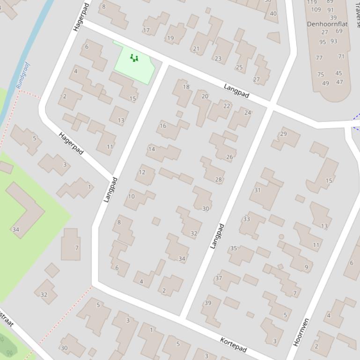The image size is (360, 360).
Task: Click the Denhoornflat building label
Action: tap(327, 23)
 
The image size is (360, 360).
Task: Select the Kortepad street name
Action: tap(233, 344)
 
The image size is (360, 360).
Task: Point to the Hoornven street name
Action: tap(301, 332)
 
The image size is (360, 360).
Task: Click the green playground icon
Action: tap(134, 58)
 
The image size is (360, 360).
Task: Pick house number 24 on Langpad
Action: tap(248, 113)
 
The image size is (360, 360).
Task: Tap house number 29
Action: tap(283, 134)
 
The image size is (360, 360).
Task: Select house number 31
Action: tap(257, 190)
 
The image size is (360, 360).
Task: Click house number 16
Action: tap(163, 125)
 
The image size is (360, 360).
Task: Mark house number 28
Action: tap(218, 180)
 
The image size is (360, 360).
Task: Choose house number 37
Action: tap(218, 278)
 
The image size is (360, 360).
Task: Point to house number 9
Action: tap(307, 267)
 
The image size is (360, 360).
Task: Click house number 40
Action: tap(273, 14)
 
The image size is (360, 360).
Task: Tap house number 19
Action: tap(170, 38)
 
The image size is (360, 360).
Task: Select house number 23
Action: tap(218, 58)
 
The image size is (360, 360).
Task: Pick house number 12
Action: tap(142, 172)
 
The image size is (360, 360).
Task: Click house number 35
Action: tap(233, 248)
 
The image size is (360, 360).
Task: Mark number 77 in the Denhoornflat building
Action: tap(319, 58)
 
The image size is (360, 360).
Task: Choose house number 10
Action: tap(131, 196)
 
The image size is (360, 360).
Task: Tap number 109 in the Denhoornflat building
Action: tap(316, 9)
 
